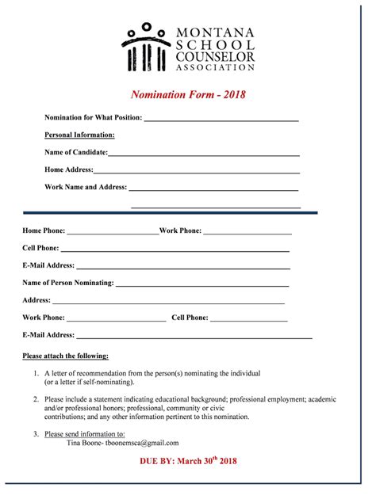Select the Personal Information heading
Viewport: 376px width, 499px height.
[79, 135]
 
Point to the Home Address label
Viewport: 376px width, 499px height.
[69, 170]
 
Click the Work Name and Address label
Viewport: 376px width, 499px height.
[86, 187]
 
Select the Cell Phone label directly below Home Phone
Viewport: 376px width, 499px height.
[41, 248]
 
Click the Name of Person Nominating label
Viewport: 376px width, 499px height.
[68, 282]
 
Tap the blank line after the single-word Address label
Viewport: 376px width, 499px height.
[167, 302]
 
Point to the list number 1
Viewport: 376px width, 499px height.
[36, 373]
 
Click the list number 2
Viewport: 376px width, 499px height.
[36, 399]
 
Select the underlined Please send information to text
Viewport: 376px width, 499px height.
[85, 434]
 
